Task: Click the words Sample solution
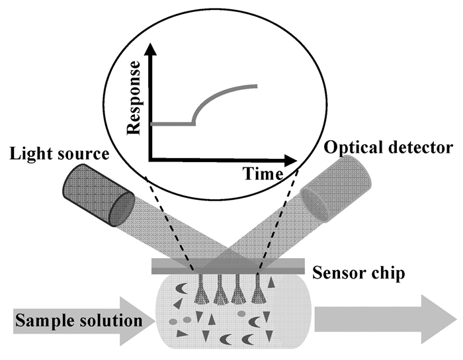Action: [x=78, y=322]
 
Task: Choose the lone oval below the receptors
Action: [x=242, y=314]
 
